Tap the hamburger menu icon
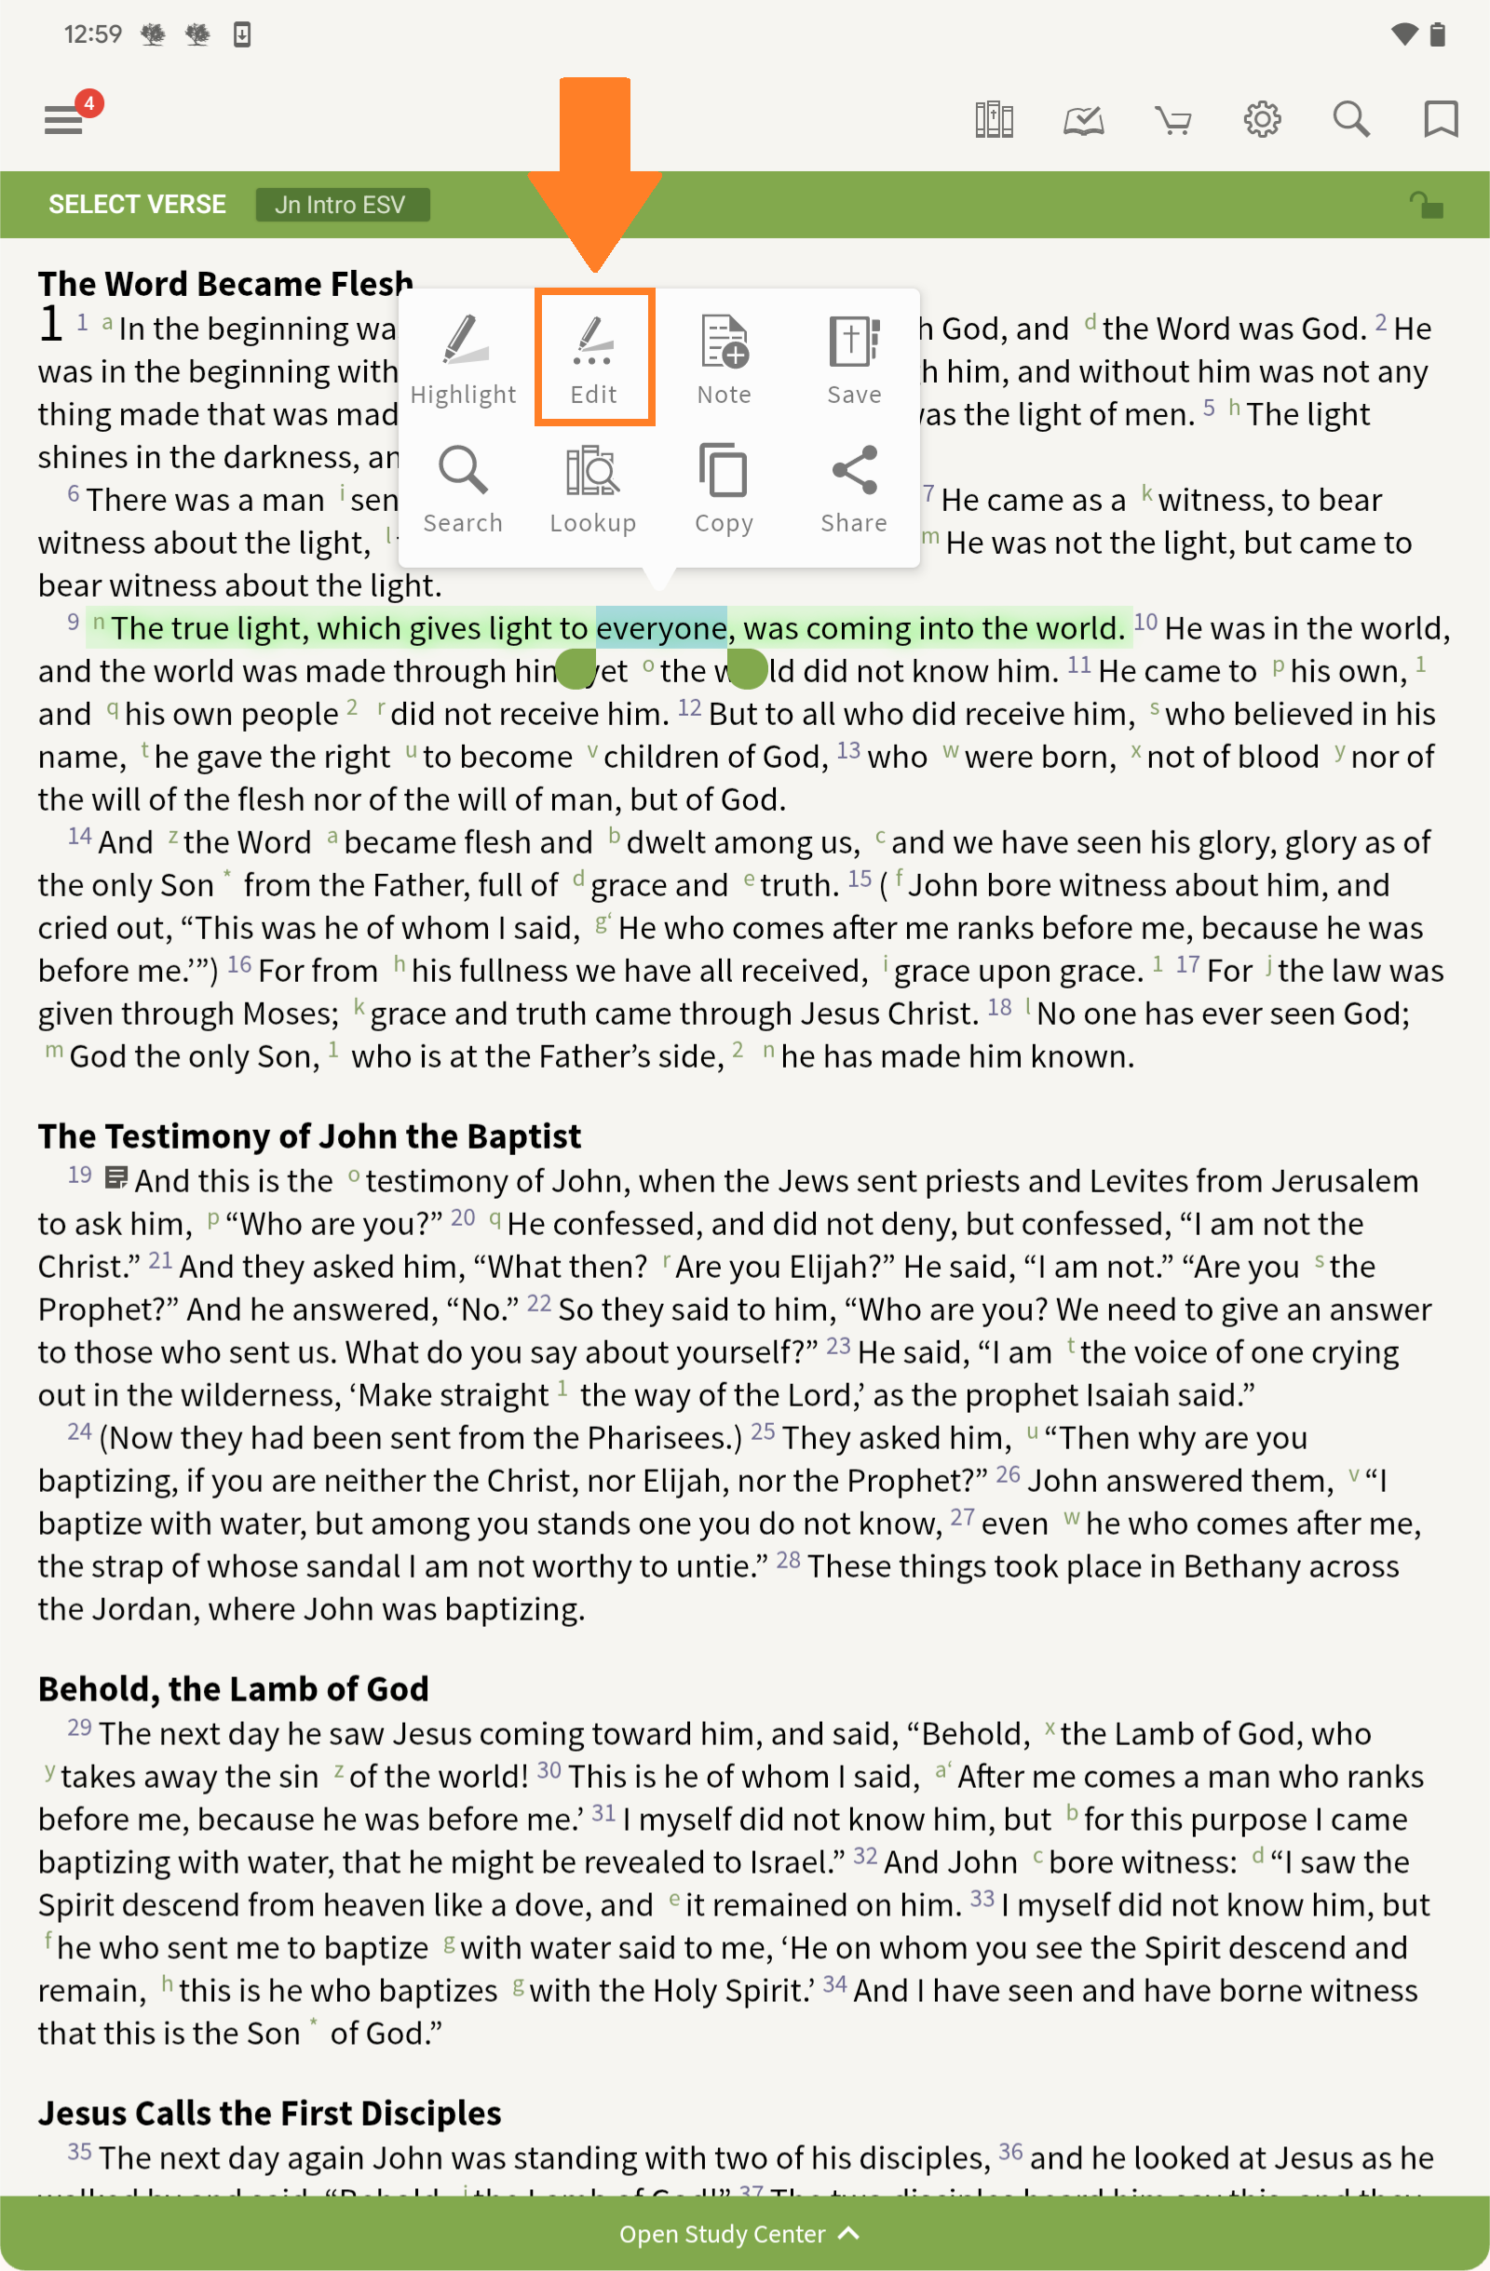[63, 121]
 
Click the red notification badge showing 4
[88, 103]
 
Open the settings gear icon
[1262, 119]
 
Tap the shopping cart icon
[1173, 121]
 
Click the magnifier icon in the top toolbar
[1350, 119]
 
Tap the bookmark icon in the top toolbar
[1441, 120]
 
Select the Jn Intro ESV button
[342, 204]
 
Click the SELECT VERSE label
[138, 204]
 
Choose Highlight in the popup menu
[463, 358]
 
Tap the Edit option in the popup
[594, 358]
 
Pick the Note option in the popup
[724, 358]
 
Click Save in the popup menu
[854, 358]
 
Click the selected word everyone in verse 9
[660, 628]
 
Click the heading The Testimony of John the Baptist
[309, 1135]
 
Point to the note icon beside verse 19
[115, 1177]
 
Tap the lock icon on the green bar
[1426, 204]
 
